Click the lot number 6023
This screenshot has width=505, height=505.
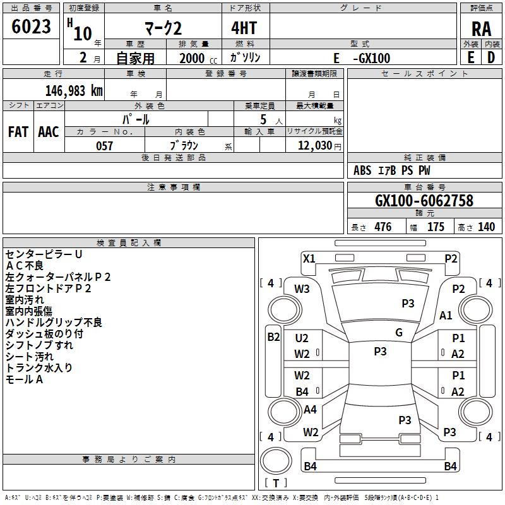(32, 27)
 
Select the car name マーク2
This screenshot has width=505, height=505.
(162, 28)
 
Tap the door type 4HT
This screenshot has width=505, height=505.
(245, 28)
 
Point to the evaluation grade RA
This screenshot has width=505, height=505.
(481, 29)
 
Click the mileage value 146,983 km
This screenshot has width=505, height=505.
(74, 90)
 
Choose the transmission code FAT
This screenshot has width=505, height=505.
(18, 132)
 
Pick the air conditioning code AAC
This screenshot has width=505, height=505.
(49, 132)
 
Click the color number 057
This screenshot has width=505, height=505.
(104, 146)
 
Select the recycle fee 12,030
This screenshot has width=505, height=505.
(313, 146)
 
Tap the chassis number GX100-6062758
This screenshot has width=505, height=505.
(424, 201)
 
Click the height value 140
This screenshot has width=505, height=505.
(486, 227)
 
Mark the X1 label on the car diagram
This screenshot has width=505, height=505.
(309, 258)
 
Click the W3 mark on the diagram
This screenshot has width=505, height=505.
(302, 289)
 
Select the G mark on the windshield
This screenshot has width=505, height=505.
(399, 333)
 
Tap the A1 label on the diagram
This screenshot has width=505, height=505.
(446, 316)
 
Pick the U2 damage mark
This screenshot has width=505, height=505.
(302, 339)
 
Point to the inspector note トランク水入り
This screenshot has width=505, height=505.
(39, 368)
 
